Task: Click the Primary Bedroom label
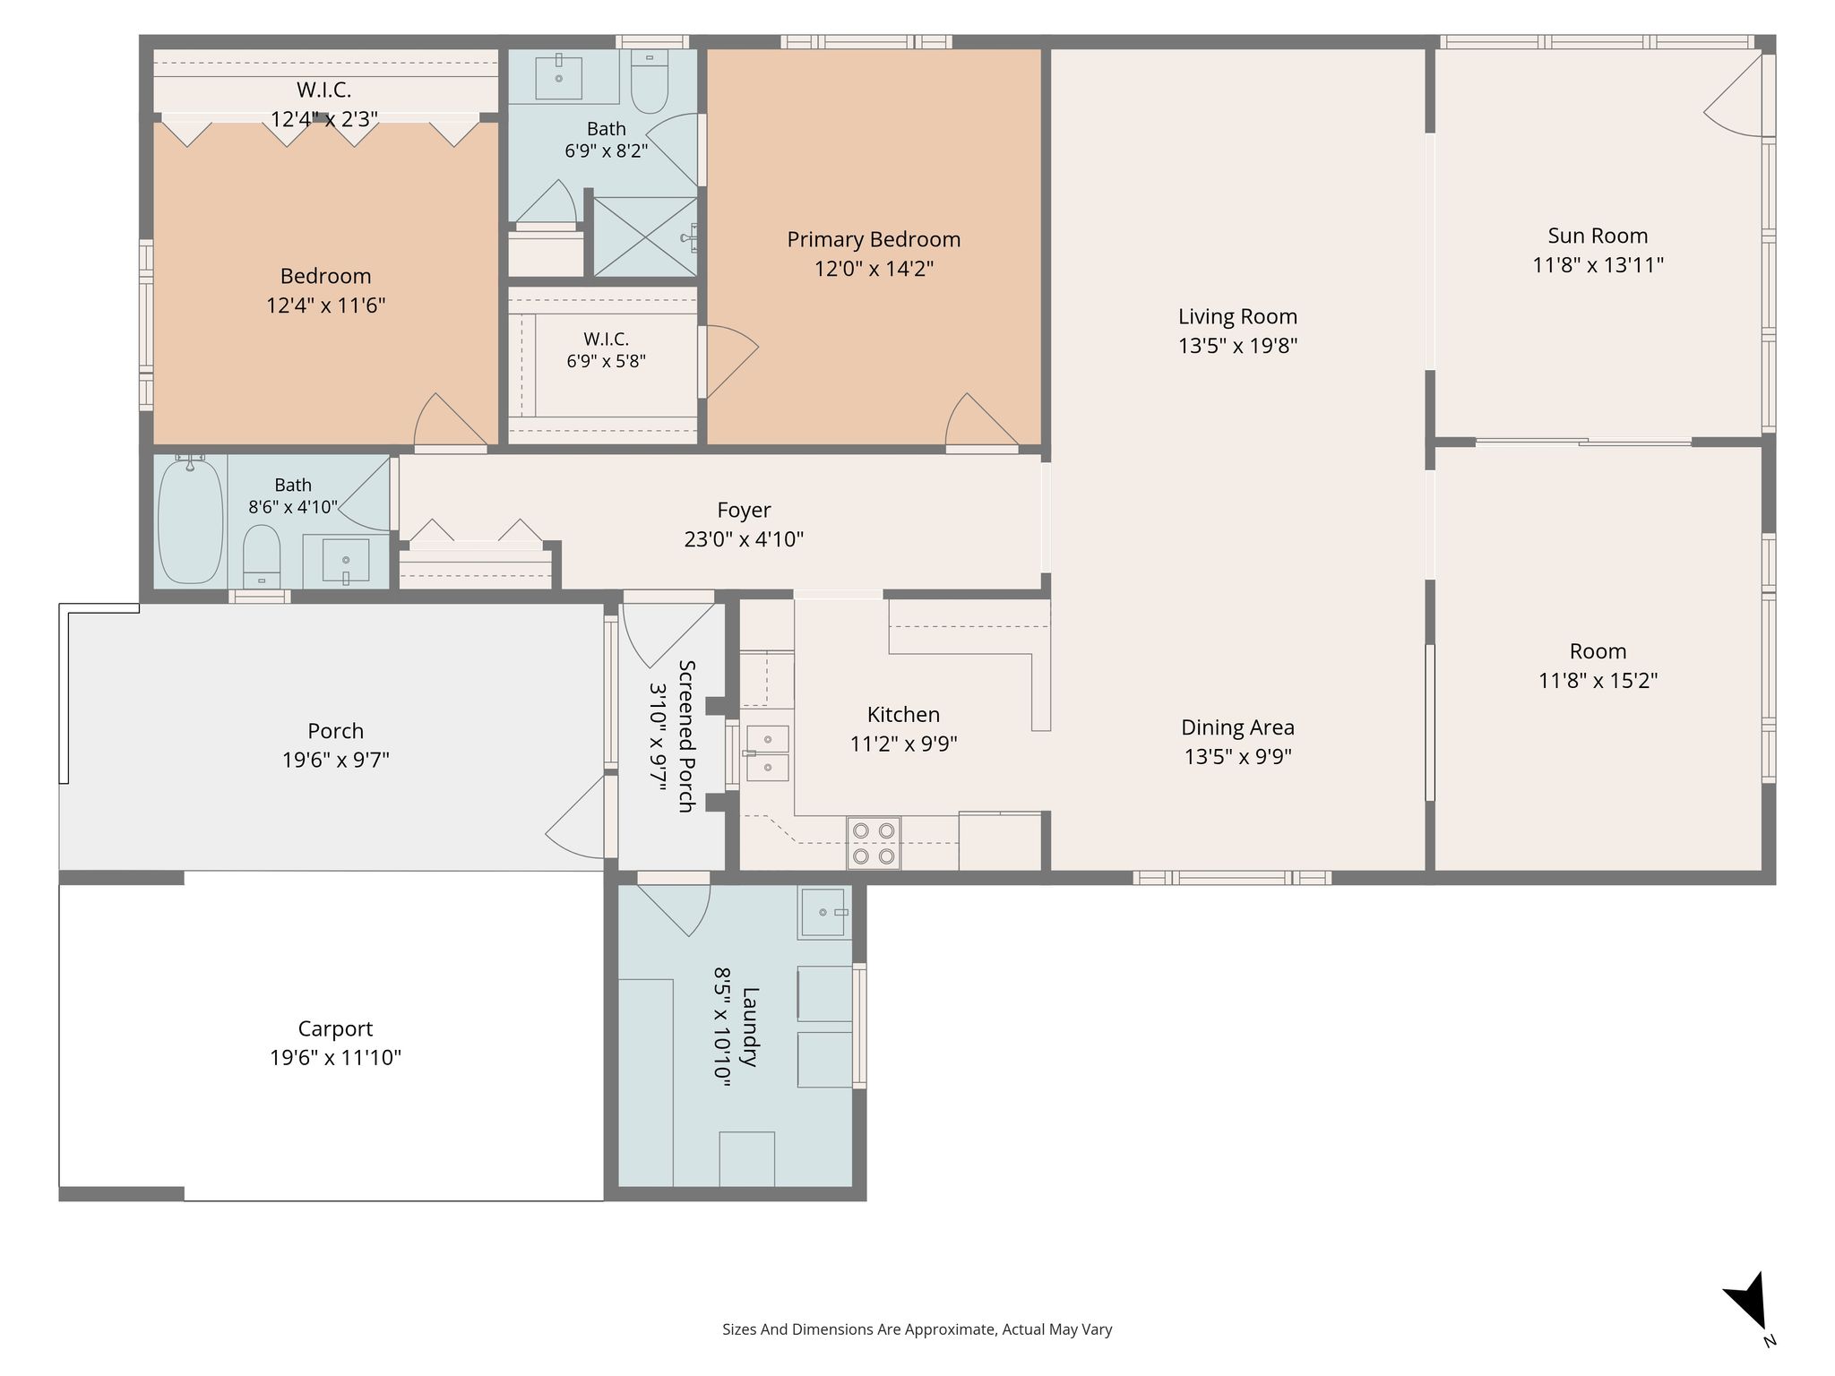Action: (874, 239)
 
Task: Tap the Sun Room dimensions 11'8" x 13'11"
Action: (1598, 265)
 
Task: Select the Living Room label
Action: (1237, 316)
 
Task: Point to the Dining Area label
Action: (1237, 727)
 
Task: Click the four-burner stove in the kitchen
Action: (874, 843)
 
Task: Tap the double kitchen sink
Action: (768, 753)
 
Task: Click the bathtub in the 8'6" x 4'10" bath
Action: (190, 520)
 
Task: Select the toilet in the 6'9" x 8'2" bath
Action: (650, 82)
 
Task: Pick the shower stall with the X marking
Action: (645, 237)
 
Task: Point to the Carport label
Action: (335, 1028)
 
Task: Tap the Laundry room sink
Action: (823, 912)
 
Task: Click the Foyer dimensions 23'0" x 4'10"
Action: (744, 539)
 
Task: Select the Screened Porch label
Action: (686, 735)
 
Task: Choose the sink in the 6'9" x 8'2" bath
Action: (558, 78)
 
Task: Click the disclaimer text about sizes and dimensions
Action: (917, 1329)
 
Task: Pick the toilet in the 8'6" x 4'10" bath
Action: (262, 556)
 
